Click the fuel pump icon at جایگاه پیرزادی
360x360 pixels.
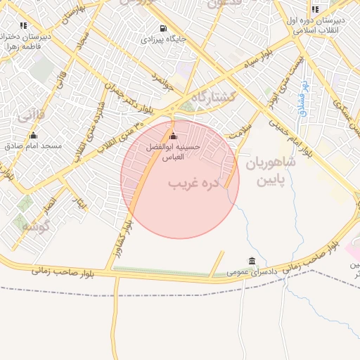[164, 29]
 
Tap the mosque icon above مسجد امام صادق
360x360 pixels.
[33, 136]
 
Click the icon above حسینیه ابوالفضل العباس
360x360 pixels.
[174, 136]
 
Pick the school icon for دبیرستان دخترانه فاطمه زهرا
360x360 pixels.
[24, 25]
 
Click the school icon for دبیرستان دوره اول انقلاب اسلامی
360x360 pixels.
[314, 9]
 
